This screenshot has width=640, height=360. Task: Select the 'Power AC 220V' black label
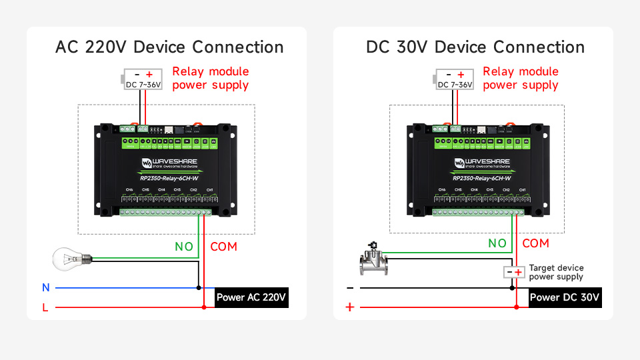coord(251,297)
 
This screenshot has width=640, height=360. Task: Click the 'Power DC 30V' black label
coord(565,297)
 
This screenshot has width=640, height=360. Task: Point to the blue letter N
coord(46,288)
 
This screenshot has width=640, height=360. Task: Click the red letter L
coord(46,307)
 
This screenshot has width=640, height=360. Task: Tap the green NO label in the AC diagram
coord(184,247)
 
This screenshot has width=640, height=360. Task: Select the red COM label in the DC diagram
coord(535,243)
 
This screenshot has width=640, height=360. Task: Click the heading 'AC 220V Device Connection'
coord(169,47)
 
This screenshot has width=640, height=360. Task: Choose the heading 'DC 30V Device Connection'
coord(475,47)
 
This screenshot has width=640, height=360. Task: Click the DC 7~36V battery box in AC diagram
coord(142,79)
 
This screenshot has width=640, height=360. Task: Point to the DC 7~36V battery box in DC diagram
coord(454,79)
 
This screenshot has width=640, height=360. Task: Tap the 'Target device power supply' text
coord(556,272)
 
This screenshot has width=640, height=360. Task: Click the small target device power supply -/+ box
coord(513,272)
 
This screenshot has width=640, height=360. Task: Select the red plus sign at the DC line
coord(349,307)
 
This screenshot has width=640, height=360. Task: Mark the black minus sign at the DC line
coord(349,288)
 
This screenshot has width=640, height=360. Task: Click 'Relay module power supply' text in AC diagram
coord(210,78)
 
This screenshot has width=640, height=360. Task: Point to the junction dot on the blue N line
coord(199,288)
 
